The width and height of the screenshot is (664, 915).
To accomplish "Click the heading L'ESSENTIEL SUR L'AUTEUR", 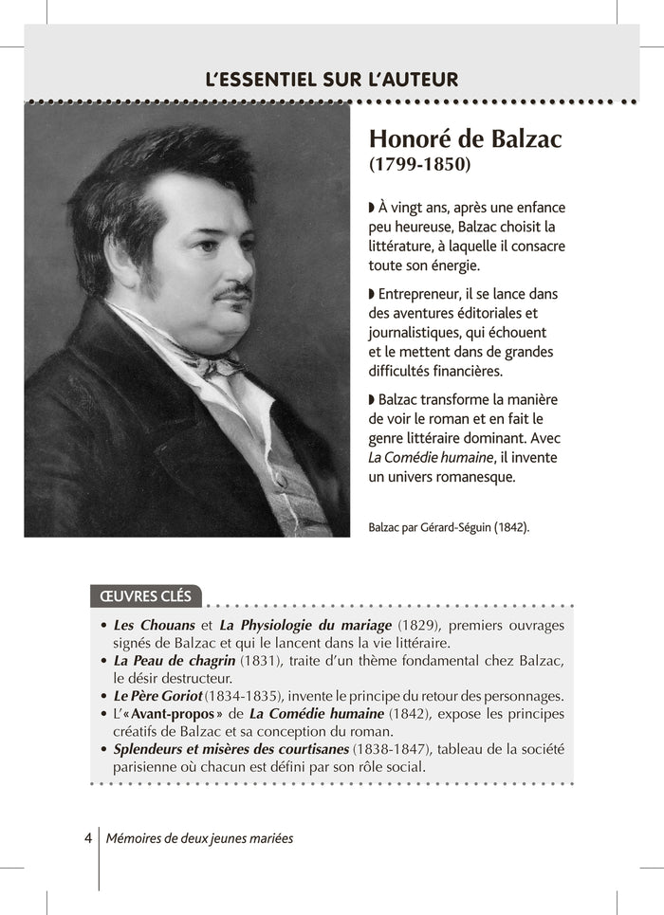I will [x=331, y=80].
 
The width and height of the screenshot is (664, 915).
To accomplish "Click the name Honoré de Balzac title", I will [x=465, y=139].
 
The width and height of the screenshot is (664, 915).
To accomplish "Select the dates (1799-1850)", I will [x=419, y=164].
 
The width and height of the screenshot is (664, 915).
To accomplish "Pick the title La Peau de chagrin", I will [x=174, y=660].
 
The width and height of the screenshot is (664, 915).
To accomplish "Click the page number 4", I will [x=87, y=838].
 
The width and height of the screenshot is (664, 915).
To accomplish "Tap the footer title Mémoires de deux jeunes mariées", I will [x=200, y=838].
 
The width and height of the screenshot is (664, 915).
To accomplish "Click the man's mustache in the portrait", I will [x=231, y=292].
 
